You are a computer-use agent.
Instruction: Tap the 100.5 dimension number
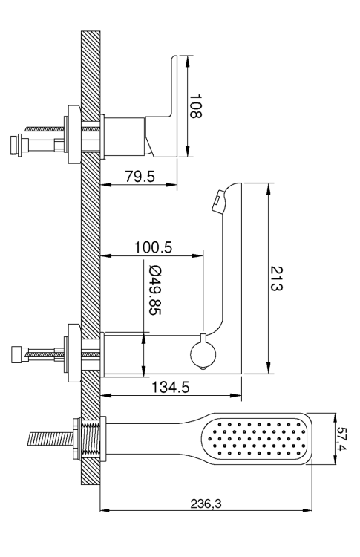[153, 246]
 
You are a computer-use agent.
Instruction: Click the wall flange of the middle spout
[73, 351]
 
